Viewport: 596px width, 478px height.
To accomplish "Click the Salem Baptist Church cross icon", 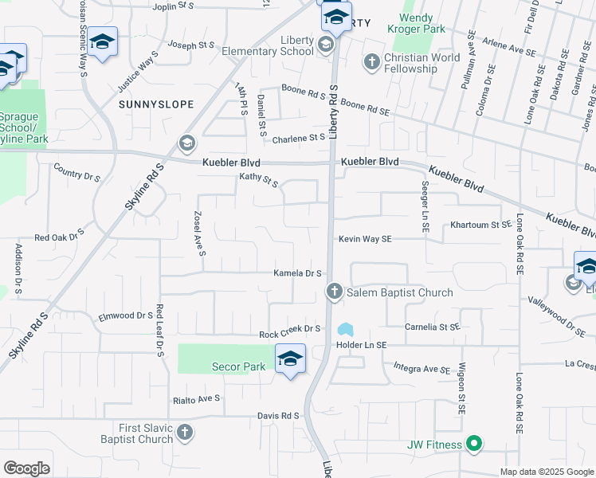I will [x=334, y=292].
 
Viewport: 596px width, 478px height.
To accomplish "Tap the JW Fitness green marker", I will [x=474, y=445].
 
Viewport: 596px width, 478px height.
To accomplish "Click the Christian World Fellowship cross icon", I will [x=371, y=61].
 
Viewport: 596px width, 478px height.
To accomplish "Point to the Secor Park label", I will [x=237, y=366].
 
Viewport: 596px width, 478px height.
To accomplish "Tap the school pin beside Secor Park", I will [x=290, y=358].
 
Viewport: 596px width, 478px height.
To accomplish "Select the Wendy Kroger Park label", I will [x=416, y=22].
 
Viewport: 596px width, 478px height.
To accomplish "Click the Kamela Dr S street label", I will [x=297, y=273].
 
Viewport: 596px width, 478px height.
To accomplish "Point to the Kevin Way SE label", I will [x=365, y=239].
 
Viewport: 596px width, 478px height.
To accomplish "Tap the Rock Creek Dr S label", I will [x=289, y=328].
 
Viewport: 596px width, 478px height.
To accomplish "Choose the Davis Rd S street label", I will [x=277, y=416].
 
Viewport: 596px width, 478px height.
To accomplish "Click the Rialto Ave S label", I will [x=197, y=398].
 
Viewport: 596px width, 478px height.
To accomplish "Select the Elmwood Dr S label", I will [x=125, y=315].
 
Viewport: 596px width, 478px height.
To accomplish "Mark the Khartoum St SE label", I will [x=480, y=225].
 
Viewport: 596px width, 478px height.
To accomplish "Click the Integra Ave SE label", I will [x=422, y=368].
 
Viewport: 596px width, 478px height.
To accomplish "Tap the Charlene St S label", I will [x=299, y=139].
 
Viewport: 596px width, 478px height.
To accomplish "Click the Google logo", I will [x=26, y=468].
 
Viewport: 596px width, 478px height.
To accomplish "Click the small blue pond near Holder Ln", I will [x=345, y=328].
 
